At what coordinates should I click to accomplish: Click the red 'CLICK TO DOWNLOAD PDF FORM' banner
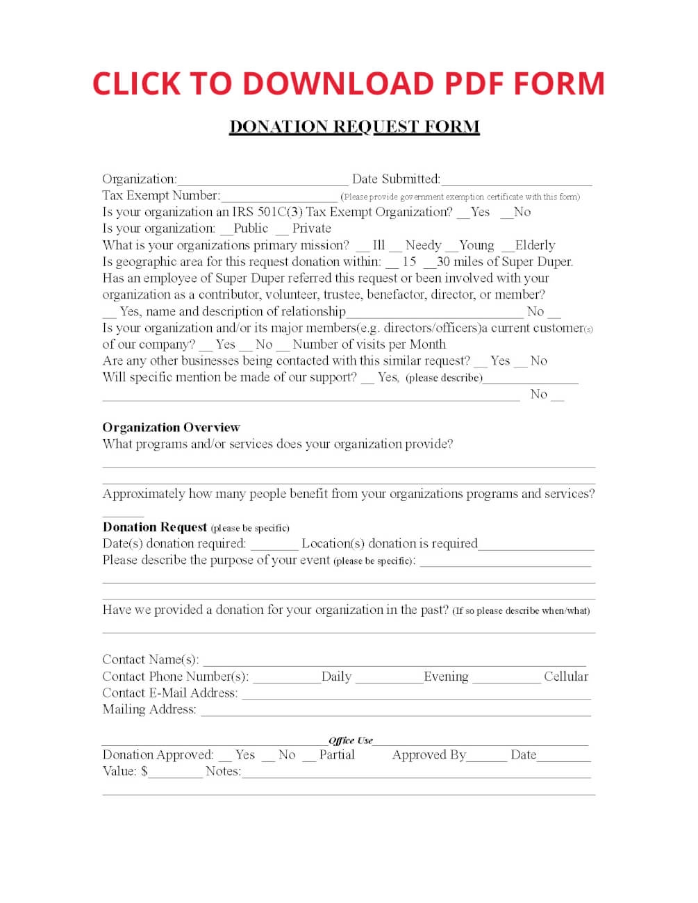point(349,83)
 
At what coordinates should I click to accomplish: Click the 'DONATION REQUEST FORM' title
point(354,126)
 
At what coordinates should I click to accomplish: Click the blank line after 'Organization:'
point(262,181)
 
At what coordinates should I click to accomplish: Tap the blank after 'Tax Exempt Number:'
point(279,197)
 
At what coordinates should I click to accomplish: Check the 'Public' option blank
point(226,230)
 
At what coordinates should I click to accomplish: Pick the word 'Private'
point(311,229)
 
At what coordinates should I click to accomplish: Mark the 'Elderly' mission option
point(508,247)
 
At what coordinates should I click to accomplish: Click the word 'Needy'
point(423,245)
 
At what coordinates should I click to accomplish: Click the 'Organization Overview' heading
point(171,427)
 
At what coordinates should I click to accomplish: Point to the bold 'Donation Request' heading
point(155,527)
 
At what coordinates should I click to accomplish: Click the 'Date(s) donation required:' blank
point(274,546)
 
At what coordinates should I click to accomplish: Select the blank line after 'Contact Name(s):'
point(394,662)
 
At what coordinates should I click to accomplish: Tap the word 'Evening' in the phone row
point(446,677)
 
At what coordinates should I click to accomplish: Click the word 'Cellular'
point(566,677)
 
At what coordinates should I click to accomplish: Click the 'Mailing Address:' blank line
point(395,712)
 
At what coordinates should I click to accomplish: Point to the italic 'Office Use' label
point(351,740)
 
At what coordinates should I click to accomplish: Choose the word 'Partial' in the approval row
point(337,755)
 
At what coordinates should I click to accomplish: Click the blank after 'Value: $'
point(175,774)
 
